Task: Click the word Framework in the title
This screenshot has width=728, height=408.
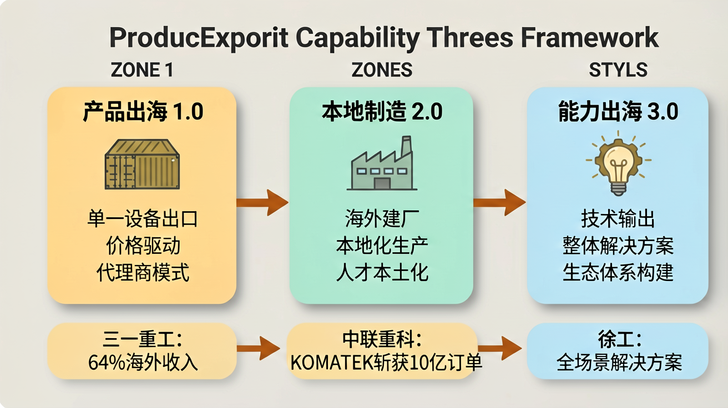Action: (589, 38)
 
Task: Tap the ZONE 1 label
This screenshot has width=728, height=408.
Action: (141, 70)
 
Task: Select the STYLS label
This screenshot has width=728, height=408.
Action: (618, 70)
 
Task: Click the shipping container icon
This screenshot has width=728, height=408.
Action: (142, 164)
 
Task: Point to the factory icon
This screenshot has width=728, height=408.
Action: (382, 163)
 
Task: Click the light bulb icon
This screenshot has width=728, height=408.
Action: (618, 163)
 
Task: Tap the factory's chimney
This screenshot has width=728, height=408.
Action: (406, 146)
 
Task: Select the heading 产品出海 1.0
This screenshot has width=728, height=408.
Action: (143, 111)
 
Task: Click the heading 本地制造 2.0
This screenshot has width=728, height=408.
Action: (382, 111)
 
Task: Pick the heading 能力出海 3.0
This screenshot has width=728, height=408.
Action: (618, 111)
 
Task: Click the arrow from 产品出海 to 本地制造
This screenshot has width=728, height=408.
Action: (262, 202)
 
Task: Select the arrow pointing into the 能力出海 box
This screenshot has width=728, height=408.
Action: (499, 202)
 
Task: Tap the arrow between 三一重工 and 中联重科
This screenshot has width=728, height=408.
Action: (259, 348)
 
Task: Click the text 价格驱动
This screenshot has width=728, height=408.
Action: (143, 246)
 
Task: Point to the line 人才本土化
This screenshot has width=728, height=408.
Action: (382, 273)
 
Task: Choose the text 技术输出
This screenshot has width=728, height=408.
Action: (618, 219)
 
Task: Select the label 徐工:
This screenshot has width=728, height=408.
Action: (620, 339)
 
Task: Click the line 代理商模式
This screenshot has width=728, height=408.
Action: (143, 273)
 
